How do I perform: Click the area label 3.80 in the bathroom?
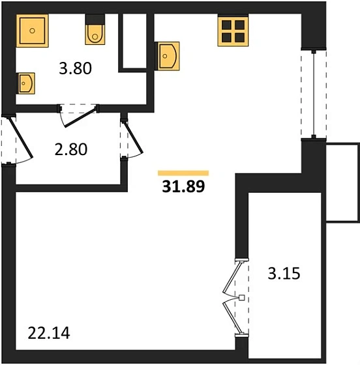tap(75, 68)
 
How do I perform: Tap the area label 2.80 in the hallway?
tap(71, 149)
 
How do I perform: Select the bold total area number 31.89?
tap(183, 186)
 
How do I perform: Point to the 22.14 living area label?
tap(49, 333)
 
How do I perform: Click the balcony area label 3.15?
tap(284, 273)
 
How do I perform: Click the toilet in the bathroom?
tap(95, 29)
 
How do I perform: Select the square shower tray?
tap(32, 31)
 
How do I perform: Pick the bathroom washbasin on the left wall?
tap(25, 83)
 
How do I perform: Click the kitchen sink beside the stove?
tap(167, 56)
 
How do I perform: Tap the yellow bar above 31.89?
tap(183, 173)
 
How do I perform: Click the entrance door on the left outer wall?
tap(20, 138)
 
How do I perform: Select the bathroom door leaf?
tap(80, 117)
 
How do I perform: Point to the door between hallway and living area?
tap(134, 138)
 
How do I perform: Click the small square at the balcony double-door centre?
tap(242, 297)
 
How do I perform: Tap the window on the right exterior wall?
tap(314, 94)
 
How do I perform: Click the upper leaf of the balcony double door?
tap(232, 277)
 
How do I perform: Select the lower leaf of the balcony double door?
tap(232, 318)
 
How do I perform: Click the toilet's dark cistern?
tap(95, 20)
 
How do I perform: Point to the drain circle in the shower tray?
tap(33, 31)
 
